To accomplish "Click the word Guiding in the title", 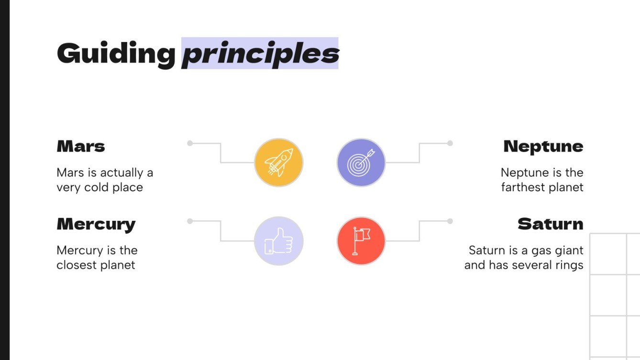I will [x=116, y=54].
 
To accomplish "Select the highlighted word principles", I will [x=260, y=54].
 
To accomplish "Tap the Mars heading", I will [x=81, y=146].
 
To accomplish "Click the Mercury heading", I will [x=96, y=224].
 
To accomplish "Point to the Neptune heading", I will [x=543, y=146].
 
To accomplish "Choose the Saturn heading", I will [x=550, y=224].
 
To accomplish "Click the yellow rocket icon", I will [x=278, y=163].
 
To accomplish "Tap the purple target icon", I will [x=361, y=163].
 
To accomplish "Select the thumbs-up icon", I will [x=278, y=241].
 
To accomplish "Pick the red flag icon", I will [x=361, y=241].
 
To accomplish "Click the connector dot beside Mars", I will [x=190, y=143].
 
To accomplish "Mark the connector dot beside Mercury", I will [x=190, y=221].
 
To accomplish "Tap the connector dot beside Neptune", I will [x=450, y=143].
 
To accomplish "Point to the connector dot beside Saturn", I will [x=450, y=221].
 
